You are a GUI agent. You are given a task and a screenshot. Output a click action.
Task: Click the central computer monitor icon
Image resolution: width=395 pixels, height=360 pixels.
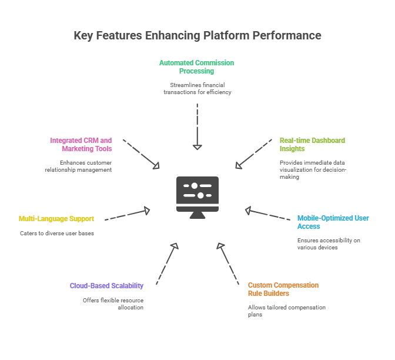[197, 198]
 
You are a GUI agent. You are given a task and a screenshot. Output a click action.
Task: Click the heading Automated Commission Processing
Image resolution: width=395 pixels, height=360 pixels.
[196, 67]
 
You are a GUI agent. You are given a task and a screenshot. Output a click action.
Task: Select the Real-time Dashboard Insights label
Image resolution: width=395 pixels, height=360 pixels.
[312, 145]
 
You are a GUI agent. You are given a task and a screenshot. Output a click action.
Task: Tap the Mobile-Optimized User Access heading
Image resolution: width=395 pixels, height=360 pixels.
[333, 222]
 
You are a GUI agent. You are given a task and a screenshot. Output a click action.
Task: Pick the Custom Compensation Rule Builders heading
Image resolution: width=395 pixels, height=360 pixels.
[283, 289]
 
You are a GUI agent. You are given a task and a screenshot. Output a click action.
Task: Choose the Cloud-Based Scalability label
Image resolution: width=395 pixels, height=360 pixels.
[106, 286]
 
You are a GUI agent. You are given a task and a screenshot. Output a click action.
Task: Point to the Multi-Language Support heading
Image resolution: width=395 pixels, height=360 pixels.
[56, 219]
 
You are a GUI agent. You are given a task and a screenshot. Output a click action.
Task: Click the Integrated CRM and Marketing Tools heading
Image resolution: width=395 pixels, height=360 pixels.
[81, 145]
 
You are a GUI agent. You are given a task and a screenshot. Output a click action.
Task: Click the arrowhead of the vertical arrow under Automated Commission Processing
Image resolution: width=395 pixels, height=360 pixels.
[197, 148]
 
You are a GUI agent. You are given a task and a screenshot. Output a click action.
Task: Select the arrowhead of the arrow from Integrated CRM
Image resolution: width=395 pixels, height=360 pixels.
[157, 166]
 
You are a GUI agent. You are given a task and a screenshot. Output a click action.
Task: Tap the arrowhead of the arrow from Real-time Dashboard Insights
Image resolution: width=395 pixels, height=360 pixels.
[238, 166]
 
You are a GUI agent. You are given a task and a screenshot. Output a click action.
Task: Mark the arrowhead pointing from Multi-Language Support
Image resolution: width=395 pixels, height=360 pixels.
[147, 211]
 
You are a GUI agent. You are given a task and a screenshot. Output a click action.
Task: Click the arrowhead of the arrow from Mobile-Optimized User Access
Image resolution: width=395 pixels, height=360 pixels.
[248, 211]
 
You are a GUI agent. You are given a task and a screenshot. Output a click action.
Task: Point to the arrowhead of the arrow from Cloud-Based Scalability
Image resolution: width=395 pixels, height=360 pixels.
[175, 245]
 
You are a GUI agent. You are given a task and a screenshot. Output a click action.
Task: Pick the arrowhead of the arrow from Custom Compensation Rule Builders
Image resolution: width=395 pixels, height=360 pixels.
[220, 245]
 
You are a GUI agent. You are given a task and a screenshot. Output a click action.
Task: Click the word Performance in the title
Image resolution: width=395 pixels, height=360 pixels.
[287, 35]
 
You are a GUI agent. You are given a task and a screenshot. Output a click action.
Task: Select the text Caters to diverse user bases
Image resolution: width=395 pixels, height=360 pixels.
[57, 233]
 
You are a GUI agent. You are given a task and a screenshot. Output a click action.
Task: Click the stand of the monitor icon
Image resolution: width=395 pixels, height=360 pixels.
[197, 215]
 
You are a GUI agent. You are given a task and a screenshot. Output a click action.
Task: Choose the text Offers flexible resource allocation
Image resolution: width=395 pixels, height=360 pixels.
[113, 304]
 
